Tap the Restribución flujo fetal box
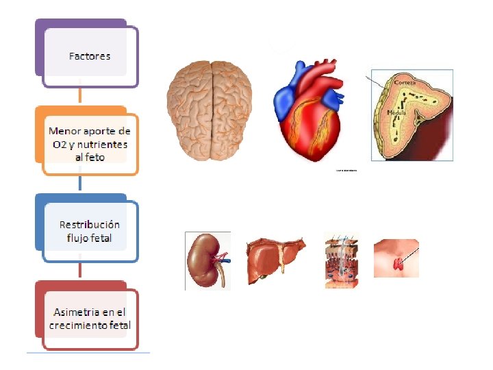pyautogui.click(x=89, y=232)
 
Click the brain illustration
pyautogui.click(x=212, y=111)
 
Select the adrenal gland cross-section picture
pyautogui.click(x=411, y=115)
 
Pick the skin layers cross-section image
pyautogui.click(x=342, y=260)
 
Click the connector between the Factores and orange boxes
pyautogui.click(x=81, y=96)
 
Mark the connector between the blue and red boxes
pyautogui.click(x=81, y=271)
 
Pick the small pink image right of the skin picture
pyautogui.click(x=396, y=258)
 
